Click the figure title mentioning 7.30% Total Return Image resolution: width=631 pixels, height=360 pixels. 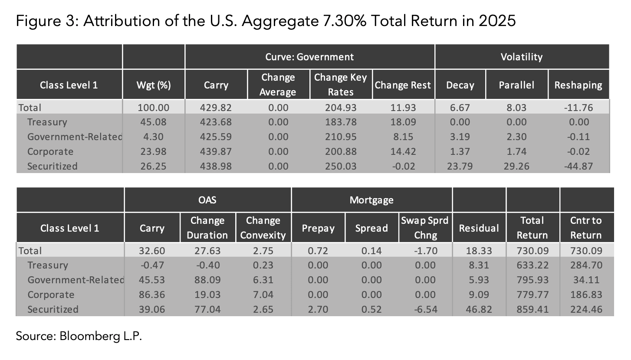click(266, 20)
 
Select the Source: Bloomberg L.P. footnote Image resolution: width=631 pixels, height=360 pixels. click(79, 336)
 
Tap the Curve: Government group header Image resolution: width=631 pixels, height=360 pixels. click(309, 57)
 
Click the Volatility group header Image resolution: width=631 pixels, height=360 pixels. click(522, 57)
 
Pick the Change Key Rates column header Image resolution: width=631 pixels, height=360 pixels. click(340, 85)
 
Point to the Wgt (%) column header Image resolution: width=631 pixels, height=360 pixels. click(154, 85)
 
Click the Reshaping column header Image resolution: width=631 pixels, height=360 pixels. click(578, 85)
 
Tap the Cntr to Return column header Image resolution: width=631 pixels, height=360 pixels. click(586, 228)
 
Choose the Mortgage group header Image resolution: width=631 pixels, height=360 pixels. click(371, 200)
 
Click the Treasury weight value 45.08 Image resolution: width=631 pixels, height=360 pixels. click(154, 122)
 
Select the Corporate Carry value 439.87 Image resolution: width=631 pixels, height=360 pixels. click(216, 152)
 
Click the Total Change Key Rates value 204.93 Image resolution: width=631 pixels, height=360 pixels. click(340, 107)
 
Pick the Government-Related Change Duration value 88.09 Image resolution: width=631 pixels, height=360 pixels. click(207, 280)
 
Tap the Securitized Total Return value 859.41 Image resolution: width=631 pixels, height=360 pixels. click(532, 310)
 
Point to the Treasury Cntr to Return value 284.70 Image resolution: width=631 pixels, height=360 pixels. click(586, 265)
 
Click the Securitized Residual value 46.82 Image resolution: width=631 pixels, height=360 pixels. click(479, 310)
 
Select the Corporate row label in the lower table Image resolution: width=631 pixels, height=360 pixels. click(50, 295)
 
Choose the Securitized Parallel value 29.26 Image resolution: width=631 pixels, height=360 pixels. click(516, 167)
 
